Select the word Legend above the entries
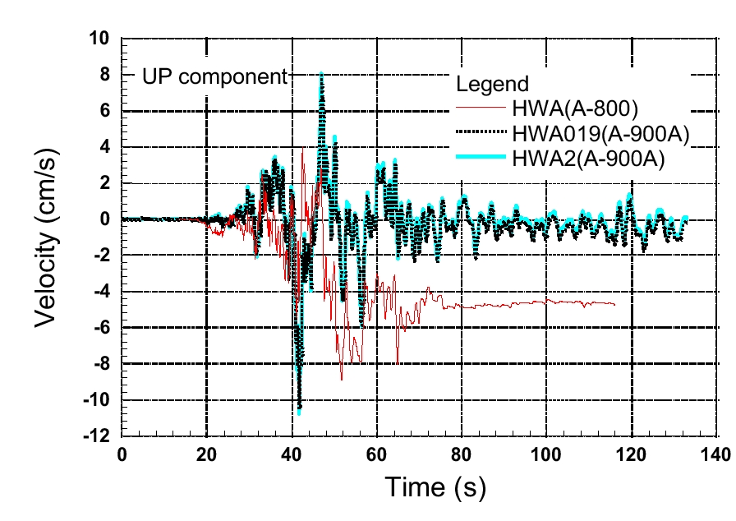pyautogui.click(x=492, y=84)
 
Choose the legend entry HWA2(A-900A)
pyautogui.click(x=587, y=158)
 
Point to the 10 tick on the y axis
pyautogui.click(x=103, y=39)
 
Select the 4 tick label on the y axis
pyautogui.click(x=108, y=147)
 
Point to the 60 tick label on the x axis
pyautogui.click(x=377, y=454)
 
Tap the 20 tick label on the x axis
pyautogui.click(x=207, y=454)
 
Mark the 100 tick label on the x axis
pyautogui.click(x=547, y=454)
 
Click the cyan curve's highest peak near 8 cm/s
pyautogui.click(x=321, y=74)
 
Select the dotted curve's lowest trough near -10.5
pyautogui.click(x=300, y=407)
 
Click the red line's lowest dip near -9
pyautogui.click(x=342, y=379)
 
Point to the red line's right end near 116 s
pyautogui.click(x=614, y=304)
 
